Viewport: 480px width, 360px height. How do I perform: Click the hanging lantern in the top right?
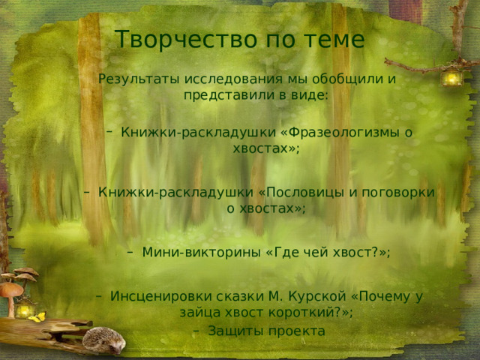click(x=452, y=76)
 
